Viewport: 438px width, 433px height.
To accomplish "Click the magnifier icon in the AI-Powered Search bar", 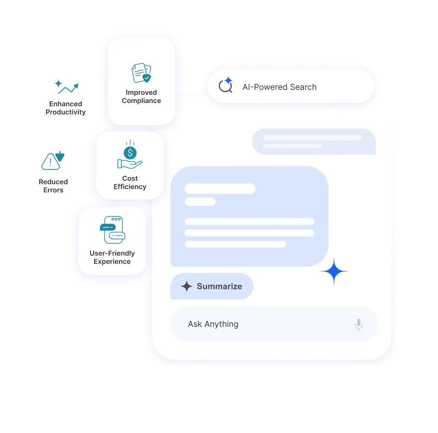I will [225, 86].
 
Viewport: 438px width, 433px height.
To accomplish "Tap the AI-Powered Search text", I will [279, 87].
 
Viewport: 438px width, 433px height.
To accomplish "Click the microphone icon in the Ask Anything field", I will [359, 325].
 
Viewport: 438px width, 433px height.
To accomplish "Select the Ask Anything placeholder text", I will [213, 324].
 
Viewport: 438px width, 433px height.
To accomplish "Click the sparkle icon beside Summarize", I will [187, 286].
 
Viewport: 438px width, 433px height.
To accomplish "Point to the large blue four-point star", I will [334, 271].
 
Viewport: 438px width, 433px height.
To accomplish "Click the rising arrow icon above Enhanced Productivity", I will [66, 87].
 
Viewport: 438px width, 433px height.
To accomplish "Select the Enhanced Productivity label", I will [66, 108].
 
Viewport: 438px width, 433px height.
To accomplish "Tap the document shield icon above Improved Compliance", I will [141, 73].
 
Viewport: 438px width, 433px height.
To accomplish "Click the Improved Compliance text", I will [141, 97].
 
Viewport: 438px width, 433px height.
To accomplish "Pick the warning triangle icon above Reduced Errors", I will [53, 160].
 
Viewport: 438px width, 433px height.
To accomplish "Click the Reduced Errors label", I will [53, 186].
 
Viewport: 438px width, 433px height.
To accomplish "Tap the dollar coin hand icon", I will [130, 155].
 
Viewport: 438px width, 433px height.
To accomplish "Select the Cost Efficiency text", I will [130, 183].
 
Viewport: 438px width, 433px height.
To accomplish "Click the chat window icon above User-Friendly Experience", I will [112, 230].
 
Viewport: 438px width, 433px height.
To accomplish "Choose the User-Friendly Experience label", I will [112, 258].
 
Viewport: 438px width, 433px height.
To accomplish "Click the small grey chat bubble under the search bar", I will [314, 142].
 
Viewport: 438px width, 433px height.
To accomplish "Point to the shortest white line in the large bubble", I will [200, 201].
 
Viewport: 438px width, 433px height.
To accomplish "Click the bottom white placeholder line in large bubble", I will [235, 244].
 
